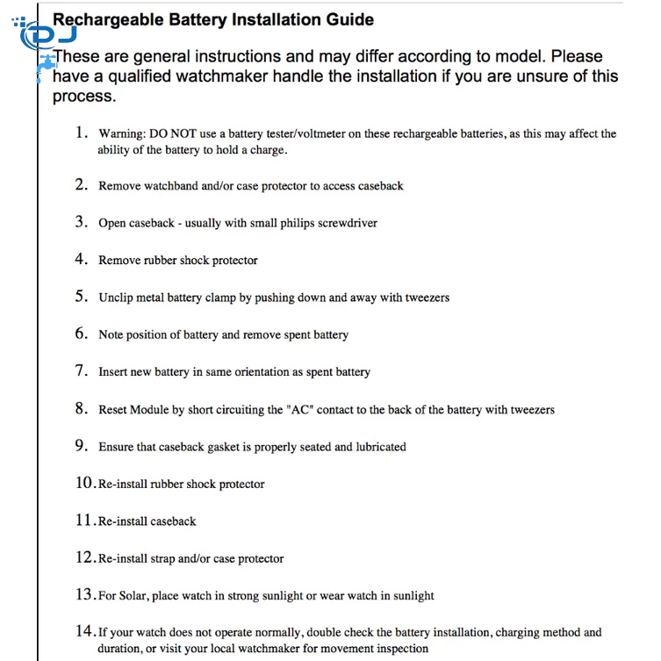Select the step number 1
click(x=81, y=133)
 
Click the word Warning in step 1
click(x=119, y=134)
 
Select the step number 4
click(x=81, y=259)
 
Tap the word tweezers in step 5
click(x=427, y=298)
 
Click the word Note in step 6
click(x=111, y=334)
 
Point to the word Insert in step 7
click(x=113, y=372)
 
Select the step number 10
click(x=84, y=483)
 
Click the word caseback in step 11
click(x=173, y=521)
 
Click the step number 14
click(x=84, y=631)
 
